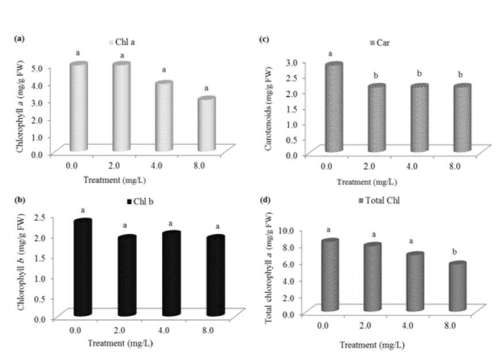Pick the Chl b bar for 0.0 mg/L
point(83,268)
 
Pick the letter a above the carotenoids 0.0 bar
point(330,54)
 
